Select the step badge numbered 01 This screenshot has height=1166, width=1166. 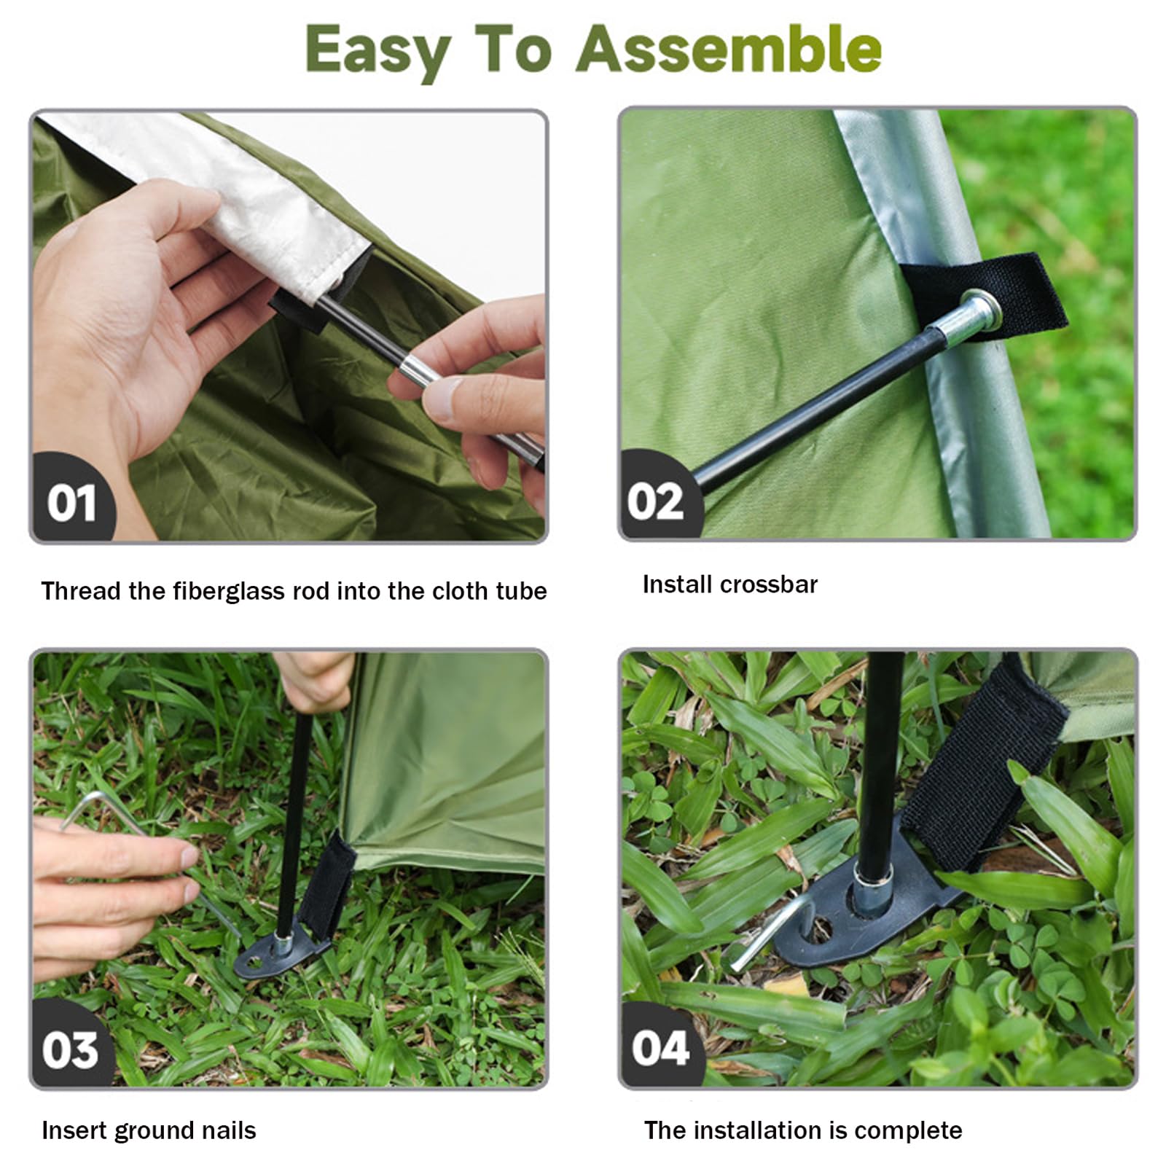(71, 503)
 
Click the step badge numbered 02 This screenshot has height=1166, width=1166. (656, 501)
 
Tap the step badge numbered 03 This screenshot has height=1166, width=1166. (70, 1049)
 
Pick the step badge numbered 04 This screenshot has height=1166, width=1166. (660, 1048)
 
